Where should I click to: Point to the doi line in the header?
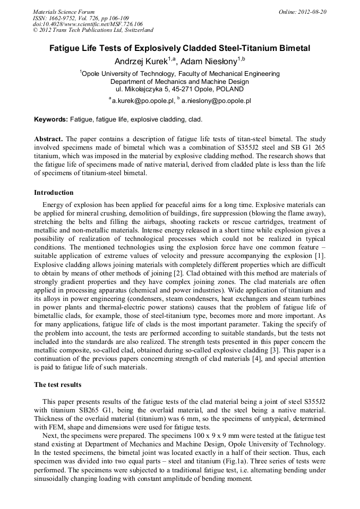pyautogui.click(x=88, y=24)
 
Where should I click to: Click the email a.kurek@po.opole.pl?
pyautogui.click(x=143, y=100)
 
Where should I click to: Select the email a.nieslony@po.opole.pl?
pyautogui.click(x=216, y=100)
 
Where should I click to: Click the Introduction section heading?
pyautogui.click(x=54, y=192)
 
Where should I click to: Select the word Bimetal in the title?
pyautogui.click(x=294, y=48)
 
